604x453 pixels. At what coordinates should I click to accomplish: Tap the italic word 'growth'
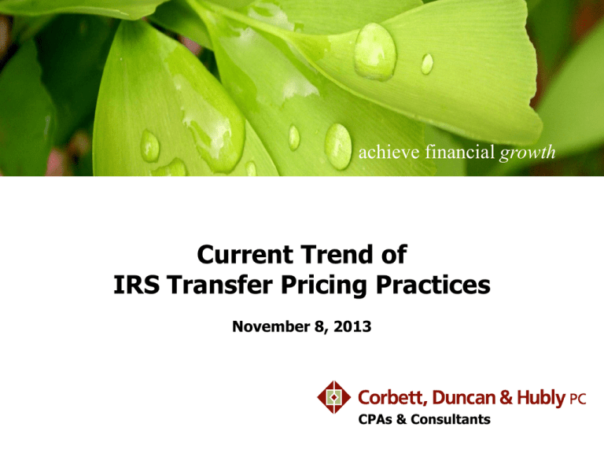point(528,153)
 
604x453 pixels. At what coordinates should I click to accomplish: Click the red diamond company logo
point(335,396)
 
